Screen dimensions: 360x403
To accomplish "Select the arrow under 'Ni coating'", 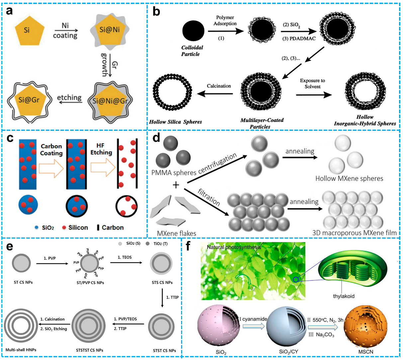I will [66, 30].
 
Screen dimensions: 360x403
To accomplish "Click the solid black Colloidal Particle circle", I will [193, 31].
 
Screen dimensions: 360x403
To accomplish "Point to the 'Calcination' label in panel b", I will [219, 86].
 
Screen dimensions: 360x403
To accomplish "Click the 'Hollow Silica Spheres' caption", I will [175, 122].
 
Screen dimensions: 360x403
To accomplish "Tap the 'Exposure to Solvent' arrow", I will [314, 95].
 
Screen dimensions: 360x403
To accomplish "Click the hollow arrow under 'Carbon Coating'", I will [51, 168].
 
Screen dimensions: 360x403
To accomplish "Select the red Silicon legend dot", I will [64, 227].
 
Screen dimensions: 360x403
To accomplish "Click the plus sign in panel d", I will [176, 184].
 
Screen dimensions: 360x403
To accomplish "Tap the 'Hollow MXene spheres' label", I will [349, 179].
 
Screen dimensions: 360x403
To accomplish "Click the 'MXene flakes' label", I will [176, 233].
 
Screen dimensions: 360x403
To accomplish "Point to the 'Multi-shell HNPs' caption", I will [21, 350].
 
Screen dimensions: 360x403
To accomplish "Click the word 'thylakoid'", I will [344, 296].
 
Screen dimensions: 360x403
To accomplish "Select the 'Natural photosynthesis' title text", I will [234, 247].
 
